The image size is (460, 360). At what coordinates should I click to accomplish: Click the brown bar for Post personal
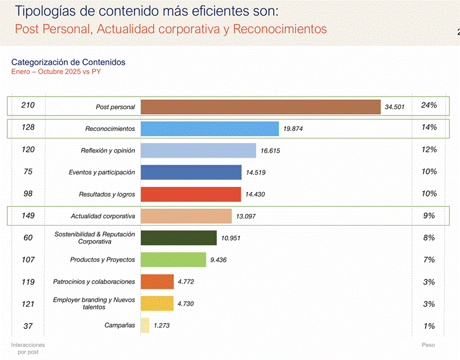260,107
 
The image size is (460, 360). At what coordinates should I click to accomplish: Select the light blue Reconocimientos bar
210,128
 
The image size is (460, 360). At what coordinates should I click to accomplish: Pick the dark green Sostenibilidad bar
178,238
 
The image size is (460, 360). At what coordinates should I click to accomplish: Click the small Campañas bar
145,326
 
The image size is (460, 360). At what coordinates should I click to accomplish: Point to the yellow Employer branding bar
157,304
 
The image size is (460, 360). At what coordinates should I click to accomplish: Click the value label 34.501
394,107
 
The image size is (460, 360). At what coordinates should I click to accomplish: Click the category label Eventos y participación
102,173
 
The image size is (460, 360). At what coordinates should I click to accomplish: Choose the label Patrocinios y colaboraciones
94,282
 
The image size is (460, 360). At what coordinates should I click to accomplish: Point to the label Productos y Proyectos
103,260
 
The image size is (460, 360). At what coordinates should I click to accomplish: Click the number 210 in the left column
28,105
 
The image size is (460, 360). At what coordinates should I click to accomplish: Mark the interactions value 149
28,215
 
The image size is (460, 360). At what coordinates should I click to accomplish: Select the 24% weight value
429,105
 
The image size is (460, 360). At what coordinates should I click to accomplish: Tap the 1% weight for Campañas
429,326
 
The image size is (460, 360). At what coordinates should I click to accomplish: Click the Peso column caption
428,344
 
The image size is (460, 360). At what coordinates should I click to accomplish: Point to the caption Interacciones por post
28,348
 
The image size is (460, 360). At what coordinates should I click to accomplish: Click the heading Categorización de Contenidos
68,62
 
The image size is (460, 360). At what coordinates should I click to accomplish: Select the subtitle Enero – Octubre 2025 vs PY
56,71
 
